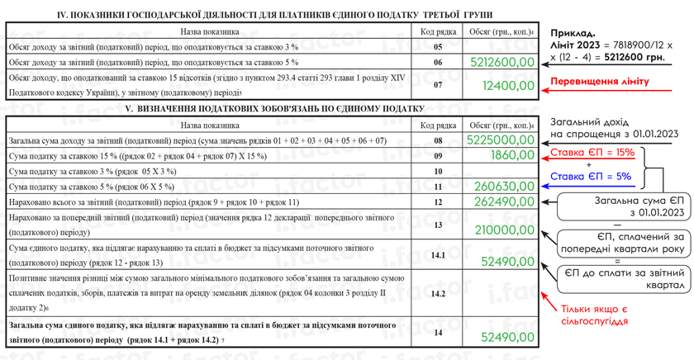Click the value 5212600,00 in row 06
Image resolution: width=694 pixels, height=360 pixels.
(x=502, y=62)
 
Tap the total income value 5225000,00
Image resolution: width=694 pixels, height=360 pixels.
(x=501, y=140)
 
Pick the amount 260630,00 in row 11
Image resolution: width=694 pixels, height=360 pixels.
(x=504, y=187)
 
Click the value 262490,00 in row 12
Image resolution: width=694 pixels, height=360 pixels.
(x=504, y=202)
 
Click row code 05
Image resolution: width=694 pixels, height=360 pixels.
(x=438, y=47)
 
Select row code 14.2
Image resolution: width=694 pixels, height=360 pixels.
(x=438, y=293)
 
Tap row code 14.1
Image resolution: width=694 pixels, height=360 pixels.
(x=438, y=255)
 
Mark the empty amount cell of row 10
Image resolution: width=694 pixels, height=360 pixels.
(x=496, y=171)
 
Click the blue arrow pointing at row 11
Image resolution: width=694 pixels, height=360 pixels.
(x=550, y=187)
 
